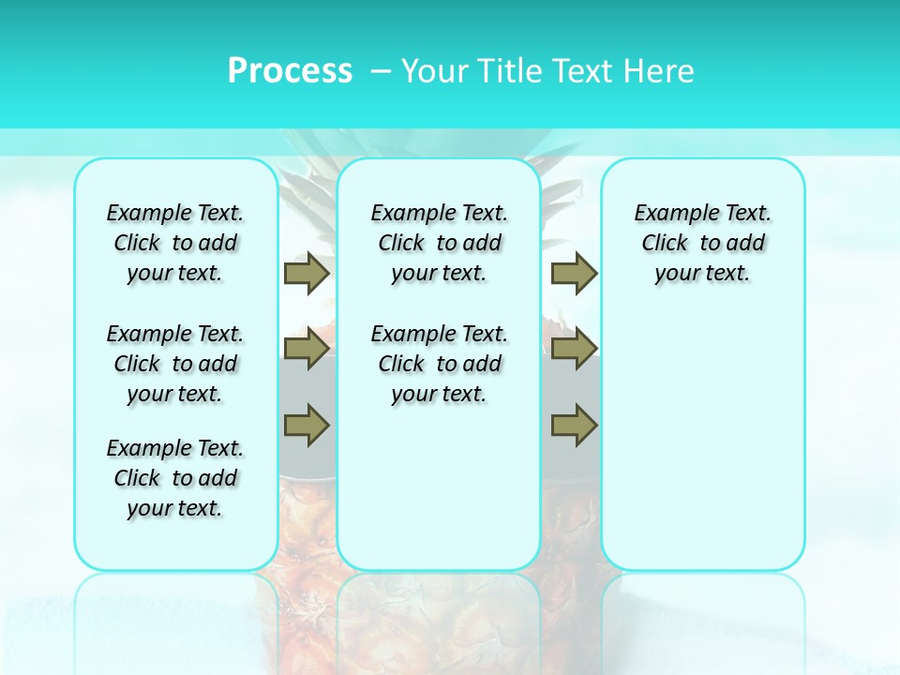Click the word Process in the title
pyautogui.click(x=290, y=71)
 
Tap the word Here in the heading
pyautogui.click(x=662, y=71)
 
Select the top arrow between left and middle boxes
pyautogui.click(x=307, y=273)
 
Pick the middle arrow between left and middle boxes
pyautogui.click(x=307, y=350)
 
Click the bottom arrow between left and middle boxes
pyautogui.click(x=307, y=425)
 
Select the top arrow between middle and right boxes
pyautogui.click(x=574, y=273)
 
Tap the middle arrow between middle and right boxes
pyautogui.click(x=574, y=350)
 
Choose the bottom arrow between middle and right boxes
pyautogui.click(x=574, y=425)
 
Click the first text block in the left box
pyautogui.click(x=175, y=243)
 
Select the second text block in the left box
pyautogui.click(x=175, y=364)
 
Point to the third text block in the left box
pyautogui.click(x=175, y=478)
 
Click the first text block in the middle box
pyautogui.click(x=439, y=243)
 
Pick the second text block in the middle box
pyautogui.click(x=439, y=364)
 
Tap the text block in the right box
pyautogui.click(x=703, y=243)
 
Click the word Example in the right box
pyautogui.click(x=669, y=213)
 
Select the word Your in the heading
pyautogui.click(x=434, y=71)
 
